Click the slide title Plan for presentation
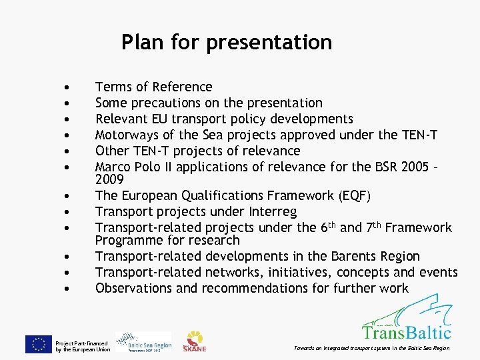click(x=227, y=42)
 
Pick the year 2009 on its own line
click(x=109, y=179)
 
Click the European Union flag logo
click(x=38, y=343)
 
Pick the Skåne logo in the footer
click(x=195, y=341)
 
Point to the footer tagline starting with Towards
click(x=371, y=348)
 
